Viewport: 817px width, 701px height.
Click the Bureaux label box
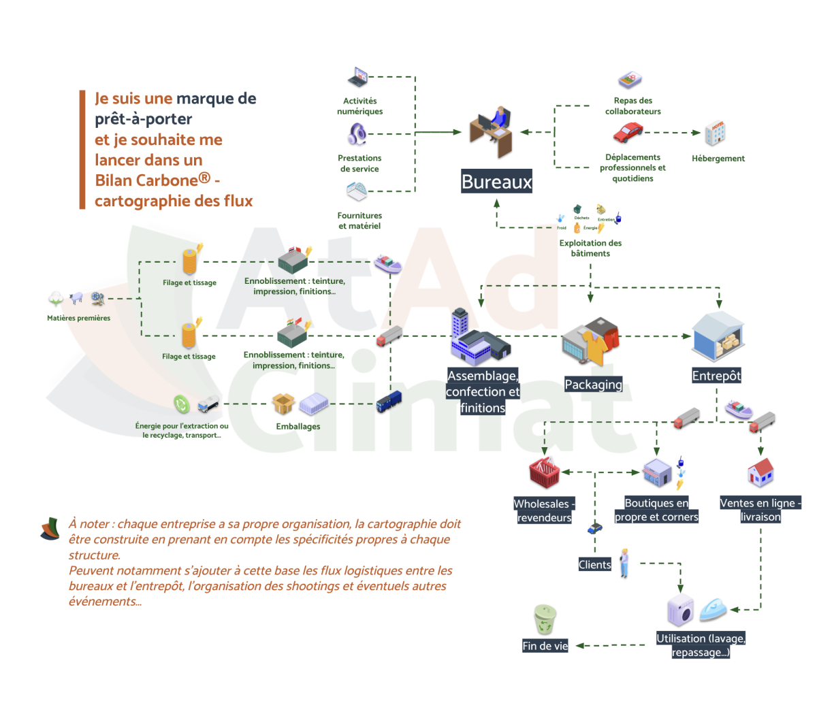pos(496,182)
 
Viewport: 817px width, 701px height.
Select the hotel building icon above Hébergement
pos(715,133)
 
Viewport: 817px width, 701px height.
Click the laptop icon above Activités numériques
pos(357,76)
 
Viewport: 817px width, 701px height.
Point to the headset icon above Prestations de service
pos(356,134)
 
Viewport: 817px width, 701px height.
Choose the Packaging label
pos(593,385)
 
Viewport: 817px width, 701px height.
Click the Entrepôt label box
pos(716,376)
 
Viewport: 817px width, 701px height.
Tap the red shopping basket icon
pos(544,472)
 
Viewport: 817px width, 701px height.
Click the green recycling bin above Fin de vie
pos(545,619)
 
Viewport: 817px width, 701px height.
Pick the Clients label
pos(594,564)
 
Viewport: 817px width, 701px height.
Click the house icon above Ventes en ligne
pos(760,472)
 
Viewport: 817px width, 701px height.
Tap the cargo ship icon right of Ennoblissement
pos(387,263)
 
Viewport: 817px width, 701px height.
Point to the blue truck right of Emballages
pos(389,402)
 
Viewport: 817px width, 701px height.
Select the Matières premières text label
pos(78,318)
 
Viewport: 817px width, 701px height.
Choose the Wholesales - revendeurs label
pos(543,510)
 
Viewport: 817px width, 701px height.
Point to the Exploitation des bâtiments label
pos(590,248)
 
